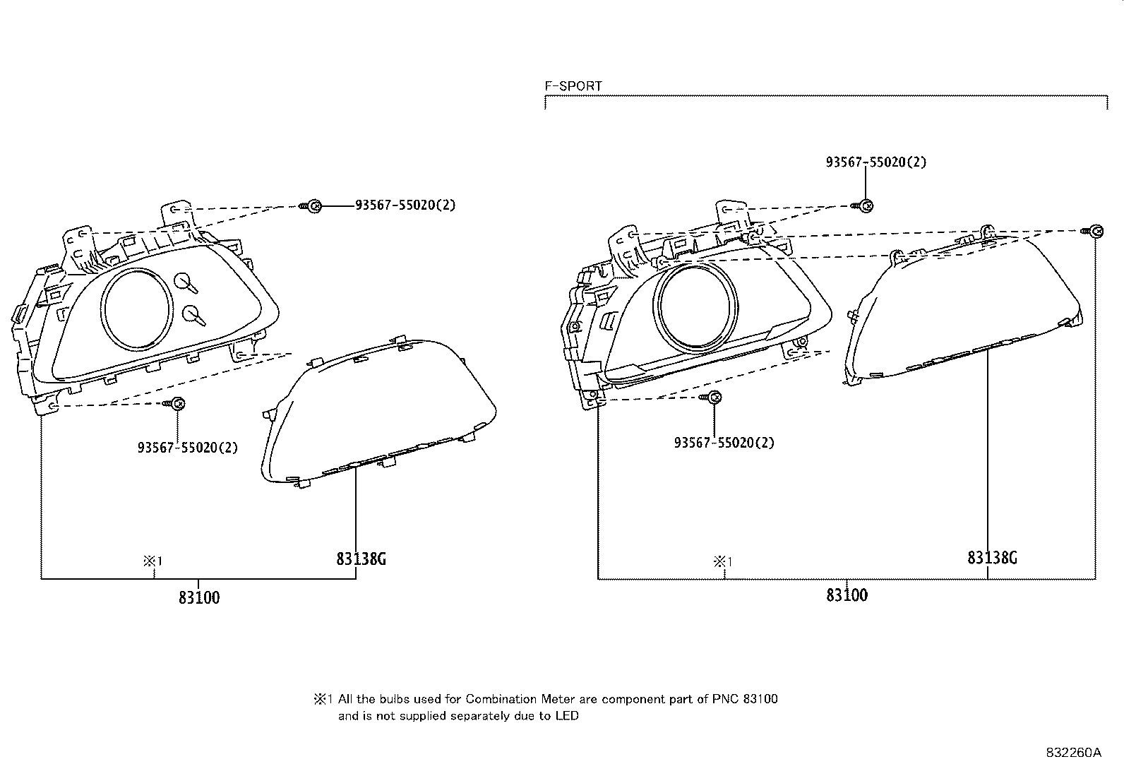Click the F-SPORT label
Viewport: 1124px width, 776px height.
(x=573, y=86)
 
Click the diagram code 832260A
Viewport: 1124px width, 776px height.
(x=1073, y=753)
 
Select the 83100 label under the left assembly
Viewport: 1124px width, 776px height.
(x=198, y=597)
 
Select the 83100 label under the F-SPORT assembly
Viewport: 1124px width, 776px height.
(x=847, y=595)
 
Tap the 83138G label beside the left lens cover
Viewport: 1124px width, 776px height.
(x=361, y=559)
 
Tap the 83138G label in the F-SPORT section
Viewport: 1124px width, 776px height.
(x=992, y=558)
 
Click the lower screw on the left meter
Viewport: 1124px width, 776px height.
(x=177, y=404)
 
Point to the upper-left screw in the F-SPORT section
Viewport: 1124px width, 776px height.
(x=866, y=205)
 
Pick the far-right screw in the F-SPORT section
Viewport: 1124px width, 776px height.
(x=1094, y=231)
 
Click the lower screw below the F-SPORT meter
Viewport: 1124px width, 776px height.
(x=713, y=398)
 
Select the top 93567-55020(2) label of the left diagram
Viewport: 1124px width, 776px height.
(x=405, y=205)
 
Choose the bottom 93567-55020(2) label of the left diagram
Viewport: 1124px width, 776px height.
(x=187, y=448)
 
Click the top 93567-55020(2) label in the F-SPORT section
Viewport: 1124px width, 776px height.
(x=875, y=162)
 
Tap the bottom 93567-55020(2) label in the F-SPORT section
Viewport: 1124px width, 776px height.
(x=724, y=443)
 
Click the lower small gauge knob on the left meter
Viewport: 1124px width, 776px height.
(x=192, y=314)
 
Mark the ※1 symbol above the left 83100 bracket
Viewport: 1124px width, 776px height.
(x=153, y=561)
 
